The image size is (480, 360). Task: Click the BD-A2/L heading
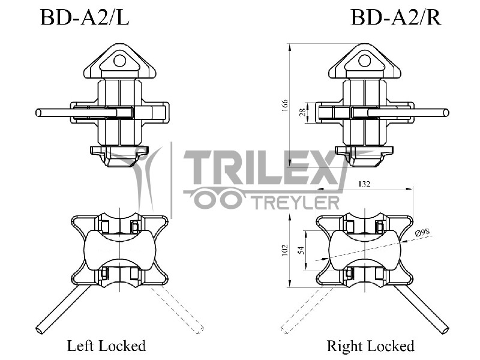click(x=85, y=18)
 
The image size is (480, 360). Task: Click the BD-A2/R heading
click(x=396, y=18)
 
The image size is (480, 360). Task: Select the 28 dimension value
click(x=302, y=112)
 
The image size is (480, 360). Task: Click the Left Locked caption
click(x=106, y=346)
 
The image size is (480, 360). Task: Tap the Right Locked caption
click(x=370, y=346)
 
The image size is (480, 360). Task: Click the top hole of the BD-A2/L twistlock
click(x=120, y=60)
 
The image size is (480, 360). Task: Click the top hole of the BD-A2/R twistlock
click(x=364, y=60)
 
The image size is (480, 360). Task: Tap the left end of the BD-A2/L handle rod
click(x=39, y=112)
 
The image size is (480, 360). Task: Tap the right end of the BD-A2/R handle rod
click(x=446, y=112)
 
